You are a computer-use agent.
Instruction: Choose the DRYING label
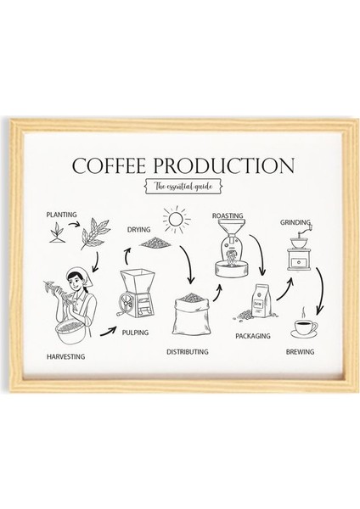point(139,229)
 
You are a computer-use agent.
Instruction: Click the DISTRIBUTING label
point(190,350)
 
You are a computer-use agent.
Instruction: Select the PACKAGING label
point(252,336)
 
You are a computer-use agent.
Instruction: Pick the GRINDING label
point(294,222)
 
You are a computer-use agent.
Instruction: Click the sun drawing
point(177,220)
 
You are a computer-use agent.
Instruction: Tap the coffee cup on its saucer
point(303,327)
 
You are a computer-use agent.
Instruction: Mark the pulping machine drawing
point(137,293)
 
